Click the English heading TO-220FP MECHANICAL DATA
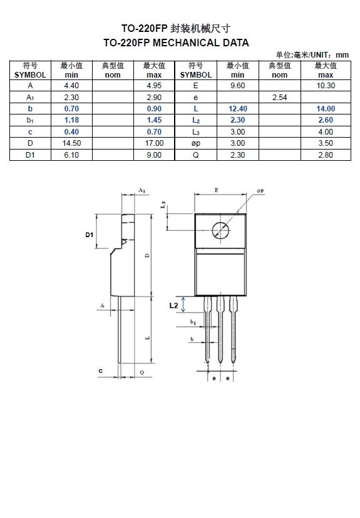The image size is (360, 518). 176,43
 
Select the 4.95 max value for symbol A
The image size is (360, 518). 154,85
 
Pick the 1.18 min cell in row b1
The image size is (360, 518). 71,119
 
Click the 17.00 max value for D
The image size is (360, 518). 154,143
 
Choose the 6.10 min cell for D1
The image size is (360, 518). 71,155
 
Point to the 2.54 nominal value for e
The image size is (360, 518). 280,97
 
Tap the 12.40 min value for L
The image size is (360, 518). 238,108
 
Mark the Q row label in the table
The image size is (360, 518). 195,155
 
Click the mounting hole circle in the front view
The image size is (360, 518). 220,230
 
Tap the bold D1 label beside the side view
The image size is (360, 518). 90,235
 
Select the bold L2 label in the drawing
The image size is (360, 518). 175,305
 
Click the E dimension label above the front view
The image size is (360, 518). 216,188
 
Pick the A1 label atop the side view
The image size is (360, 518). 142,190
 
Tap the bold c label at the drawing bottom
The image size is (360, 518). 100,371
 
